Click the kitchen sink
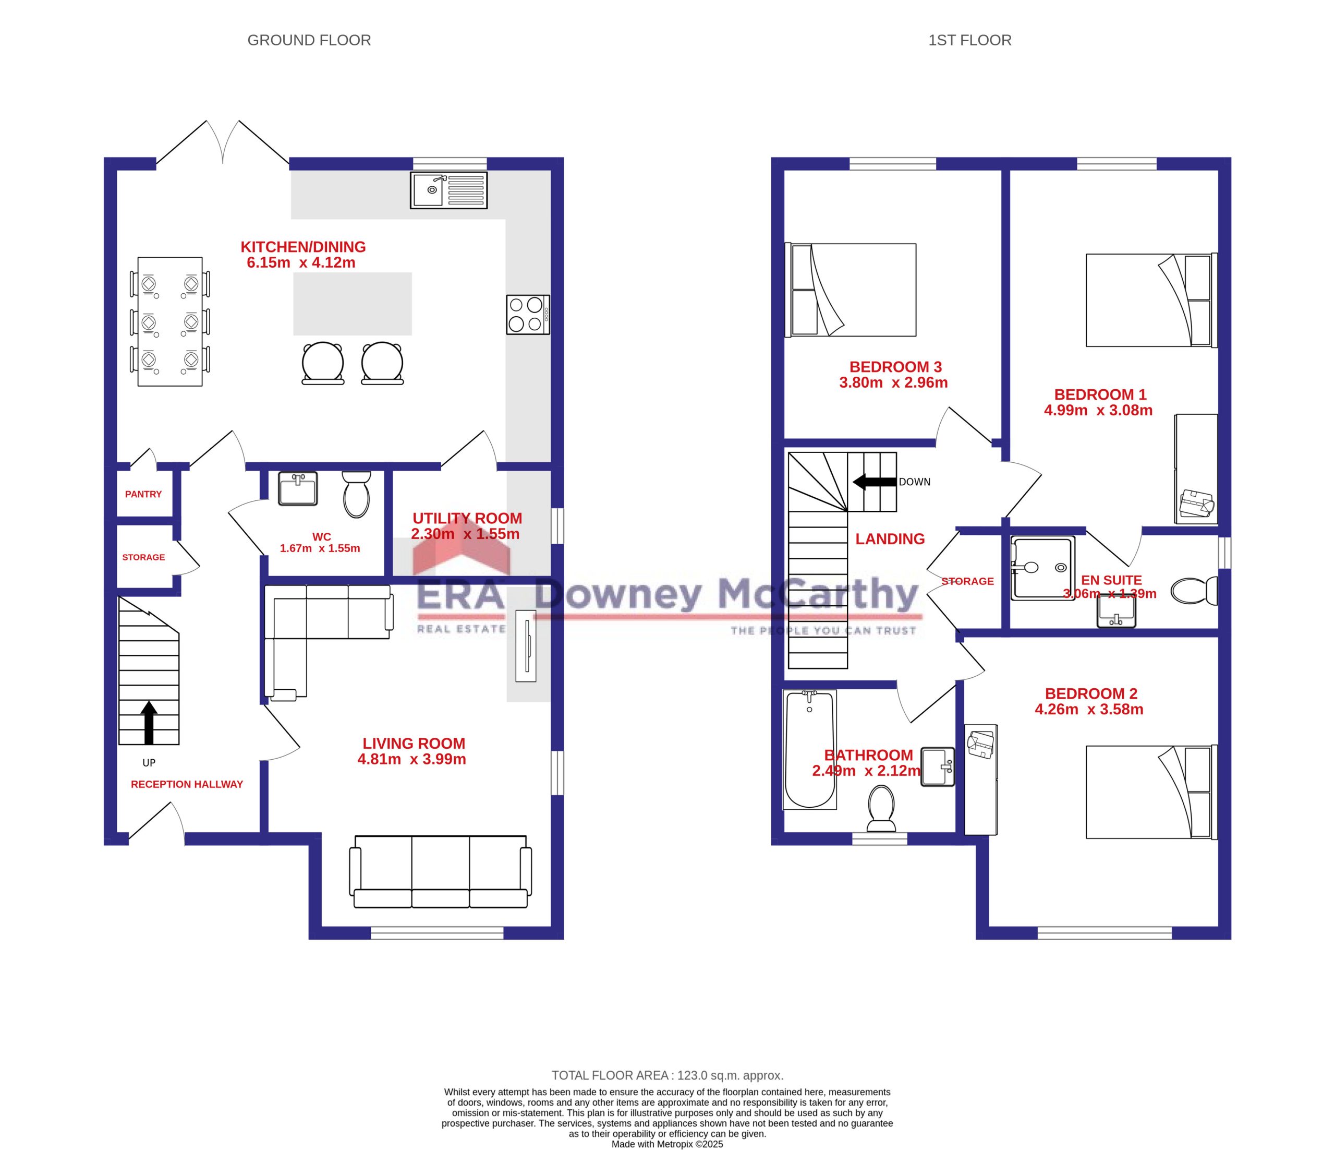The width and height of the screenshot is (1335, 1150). (448, 189)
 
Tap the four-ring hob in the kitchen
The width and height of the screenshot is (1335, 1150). (528, 315)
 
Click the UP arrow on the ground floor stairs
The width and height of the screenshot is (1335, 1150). (149, 723)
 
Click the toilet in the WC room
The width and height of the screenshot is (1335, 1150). (356, 494)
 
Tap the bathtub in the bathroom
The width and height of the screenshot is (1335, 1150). (809, 749)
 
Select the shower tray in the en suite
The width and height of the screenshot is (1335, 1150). (1042, 568)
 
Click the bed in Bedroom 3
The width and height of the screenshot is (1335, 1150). (851, 290)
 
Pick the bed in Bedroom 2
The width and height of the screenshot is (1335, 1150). (1151, 792)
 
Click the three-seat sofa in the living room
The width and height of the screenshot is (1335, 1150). (441, 871)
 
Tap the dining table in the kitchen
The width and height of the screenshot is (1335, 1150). (170, 321)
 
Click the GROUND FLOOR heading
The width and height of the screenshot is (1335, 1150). (309, 40)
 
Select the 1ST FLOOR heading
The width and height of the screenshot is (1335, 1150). (969, 40)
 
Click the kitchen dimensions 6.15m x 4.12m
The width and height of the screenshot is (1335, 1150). (301, 262)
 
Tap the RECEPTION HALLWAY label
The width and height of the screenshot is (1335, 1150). (187, 785)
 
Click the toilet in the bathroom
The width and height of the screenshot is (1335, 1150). (881, 808)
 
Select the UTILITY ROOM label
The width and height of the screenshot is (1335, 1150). (467, 518)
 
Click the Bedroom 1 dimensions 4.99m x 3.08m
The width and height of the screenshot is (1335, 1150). (1099, 410)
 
